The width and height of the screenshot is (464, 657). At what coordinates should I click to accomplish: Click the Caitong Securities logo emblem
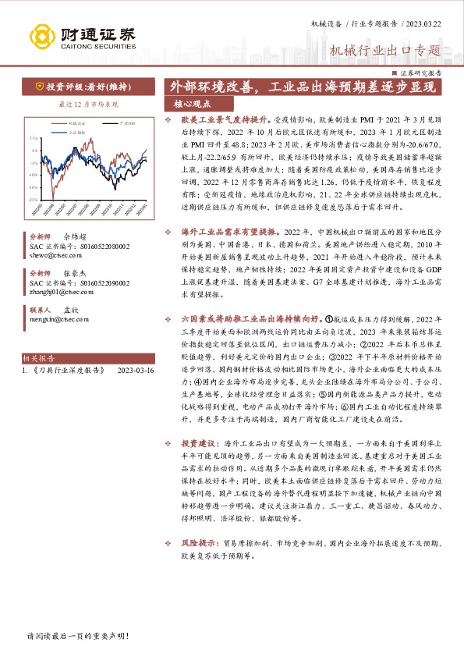pyautogui.click(x=43, y=37)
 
